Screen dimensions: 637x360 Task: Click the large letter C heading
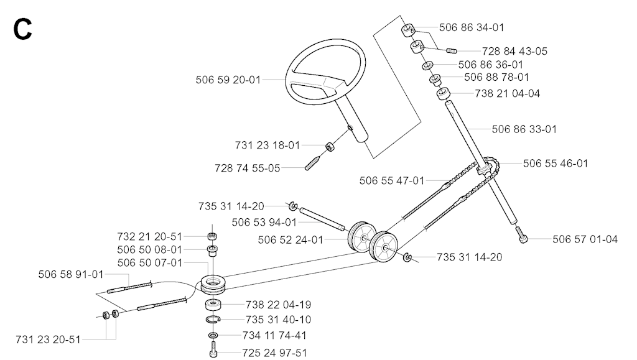[x=23, y=30]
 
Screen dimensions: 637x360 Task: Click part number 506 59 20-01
[x=228, y=80]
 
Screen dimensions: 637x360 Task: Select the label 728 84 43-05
[x=514, y=51]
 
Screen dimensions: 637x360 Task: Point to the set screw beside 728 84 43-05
[x=452, y=51]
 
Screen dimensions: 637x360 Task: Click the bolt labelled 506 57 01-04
[x=522, y=235]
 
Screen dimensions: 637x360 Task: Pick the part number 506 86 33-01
[x=524, y=129]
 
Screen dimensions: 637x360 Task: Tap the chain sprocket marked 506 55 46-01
[x=483, y=168]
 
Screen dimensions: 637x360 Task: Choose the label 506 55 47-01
[x=392, y=180]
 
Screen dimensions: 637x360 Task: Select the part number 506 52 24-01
[x=291, y=240]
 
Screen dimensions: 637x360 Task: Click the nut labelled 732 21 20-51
[x=212, y=236]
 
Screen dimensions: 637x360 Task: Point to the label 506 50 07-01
[x=150, y=263]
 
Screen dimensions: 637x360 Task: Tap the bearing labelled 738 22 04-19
[x=213, y=305]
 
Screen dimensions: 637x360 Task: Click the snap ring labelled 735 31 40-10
[x=213, y=320]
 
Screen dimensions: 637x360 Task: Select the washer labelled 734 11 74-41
[x=213, y=335]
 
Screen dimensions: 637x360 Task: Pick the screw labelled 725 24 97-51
[x=213, y=350]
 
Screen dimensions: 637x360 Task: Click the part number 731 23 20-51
[x=48, y=339]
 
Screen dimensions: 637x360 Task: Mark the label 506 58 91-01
[x=71, y=274]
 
